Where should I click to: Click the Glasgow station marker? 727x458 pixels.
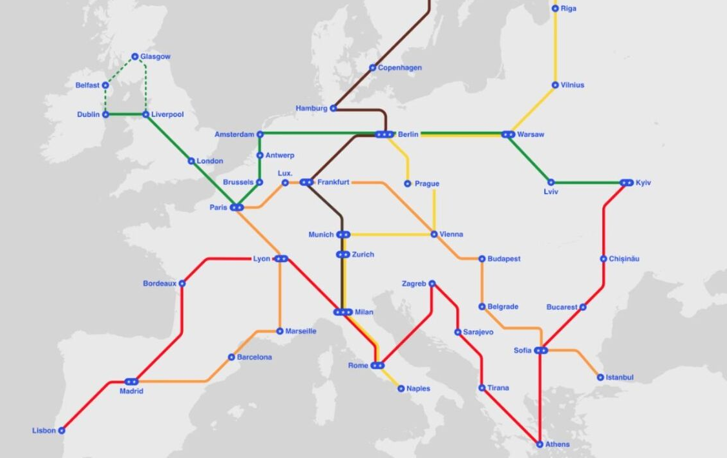[135, 57]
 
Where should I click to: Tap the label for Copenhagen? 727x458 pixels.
[399, 68]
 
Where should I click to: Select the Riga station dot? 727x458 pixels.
[555, 8]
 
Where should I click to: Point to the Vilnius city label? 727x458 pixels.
[573, 85]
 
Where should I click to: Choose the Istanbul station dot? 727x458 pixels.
[600, 377]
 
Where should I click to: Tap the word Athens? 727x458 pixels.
[558, 444]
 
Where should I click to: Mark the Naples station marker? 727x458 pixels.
[401, 389]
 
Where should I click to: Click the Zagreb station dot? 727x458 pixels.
[432, 283]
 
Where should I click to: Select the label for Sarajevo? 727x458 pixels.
[479, 333]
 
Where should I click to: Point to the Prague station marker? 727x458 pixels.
[407, 184]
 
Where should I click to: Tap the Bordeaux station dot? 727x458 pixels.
[182, 283]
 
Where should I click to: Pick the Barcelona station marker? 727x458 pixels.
[231, 357]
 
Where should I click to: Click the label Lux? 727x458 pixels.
[285, 173]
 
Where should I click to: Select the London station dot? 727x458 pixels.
[191, 161]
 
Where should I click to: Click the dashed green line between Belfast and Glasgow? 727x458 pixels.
[120, 70]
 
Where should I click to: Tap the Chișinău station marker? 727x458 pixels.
[603, 259]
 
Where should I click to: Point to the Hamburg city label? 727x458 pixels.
[311, 109]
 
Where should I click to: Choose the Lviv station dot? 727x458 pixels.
[551, 183]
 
